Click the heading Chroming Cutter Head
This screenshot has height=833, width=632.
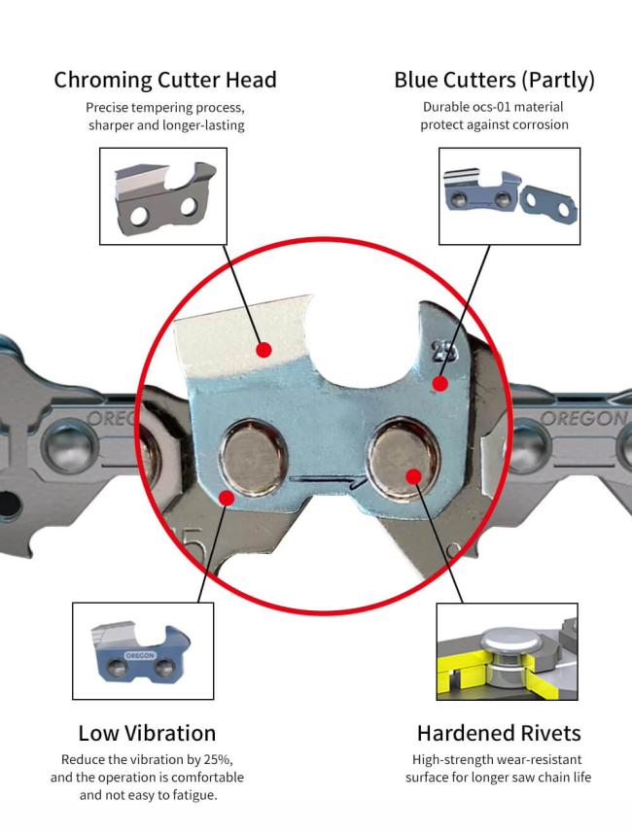(x=165, y=80)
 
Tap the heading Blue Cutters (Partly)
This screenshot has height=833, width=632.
(x=494, y=80)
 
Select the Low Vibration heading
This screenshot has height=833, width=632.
(x=147, y=733)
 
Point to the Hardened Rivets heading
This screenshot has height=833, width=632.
(x=499, y=733)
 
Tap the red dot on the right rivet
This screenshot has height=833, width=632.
(x=413, y=474)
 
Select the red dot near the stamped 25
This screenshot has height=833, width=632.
(x=439, y=383)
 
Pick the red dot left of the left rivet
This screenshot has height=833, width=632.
(x=226, y=497)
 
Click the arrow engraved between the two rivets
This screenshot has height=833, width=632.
(x=331, y=478)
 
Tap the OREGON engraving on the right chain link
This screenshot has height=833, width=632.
(x=582, y=419)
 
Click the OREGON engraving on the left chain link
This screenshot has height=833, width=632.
(x=111, y=419)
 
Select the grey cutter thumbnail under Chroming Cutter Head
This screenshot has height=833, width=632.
(x=163, y=195)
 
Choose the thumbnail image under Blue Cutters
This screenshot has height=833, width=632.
(x=509, y=195)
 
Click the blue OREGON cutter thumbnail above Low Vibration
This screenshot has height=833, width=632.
(x=142, y=650)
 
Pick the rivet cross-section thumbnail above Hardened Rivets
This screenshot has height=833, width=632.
(x=508, y=650)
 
